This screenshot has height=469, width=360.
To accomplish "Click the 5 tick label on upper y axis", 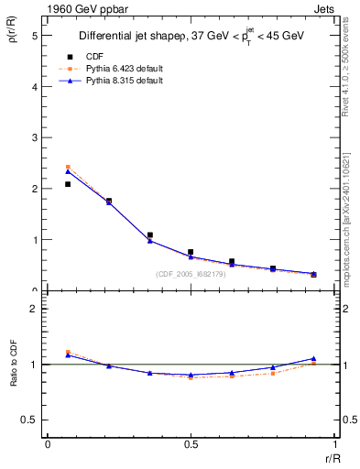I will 34,36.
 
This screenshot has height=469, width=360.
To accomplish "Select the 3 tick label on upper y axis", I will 34,137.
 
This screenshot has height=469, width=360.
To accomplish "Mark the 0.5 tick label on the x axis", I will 190,444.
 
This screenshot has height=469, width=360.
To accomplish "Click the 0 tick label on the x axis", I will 48,444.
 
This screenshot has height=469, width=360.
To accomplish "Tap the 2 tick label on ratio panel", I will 34,309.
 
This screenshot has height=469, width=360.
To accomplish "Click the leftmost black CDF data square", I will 68,184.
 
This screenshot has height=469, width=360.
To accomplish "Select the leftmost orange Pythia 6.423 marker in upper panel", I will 68,167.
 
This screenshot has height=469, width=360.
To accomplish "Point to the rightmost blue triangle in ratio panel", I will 313,358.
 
